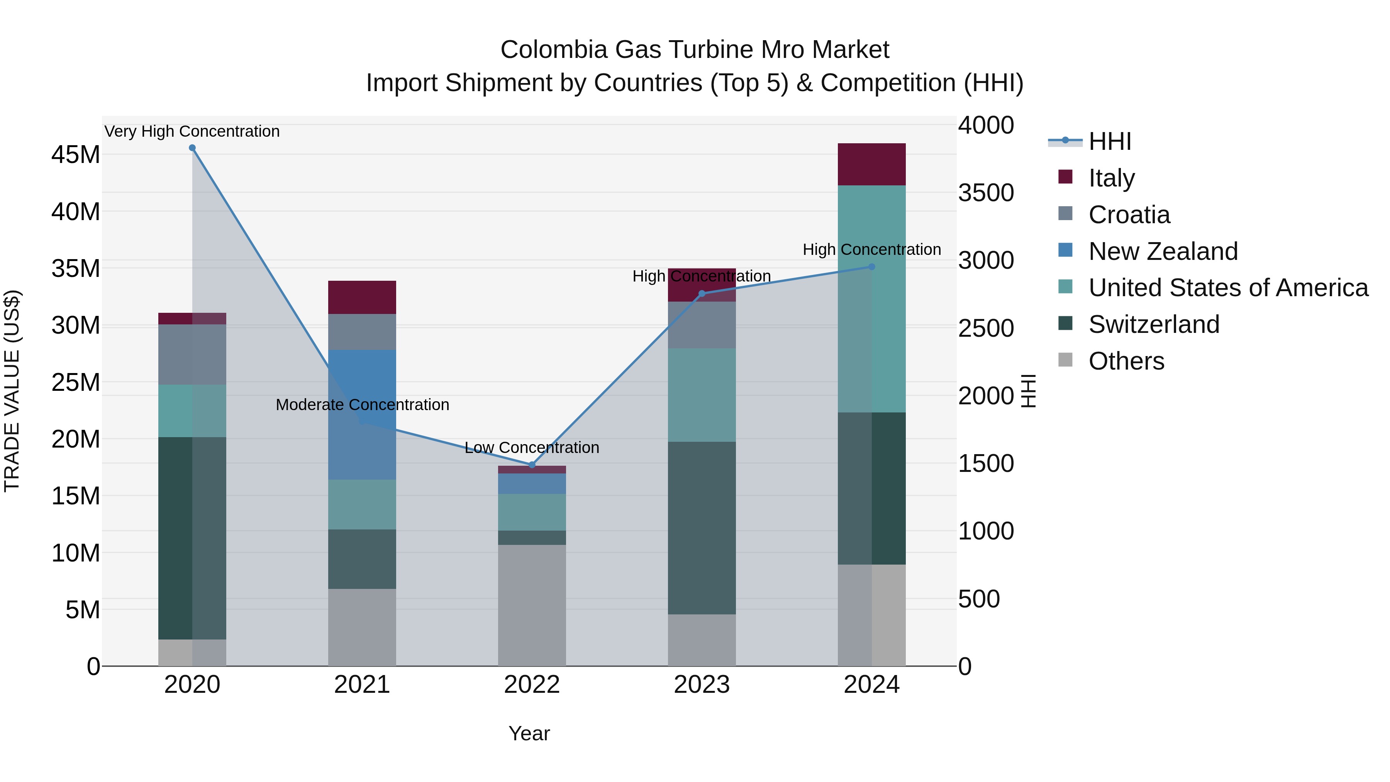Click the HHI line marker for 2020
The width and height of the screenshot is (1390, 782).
[192, 148]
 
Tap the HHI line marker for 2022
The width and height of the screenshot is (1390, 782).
[532, 465]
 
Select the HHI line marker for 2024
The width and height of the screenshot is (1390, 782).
[871, 266]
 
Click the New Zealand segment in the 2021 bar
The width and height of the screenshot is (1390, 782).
[362, 414]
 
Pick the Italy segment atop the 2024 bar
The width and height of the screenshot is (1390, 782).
[871, 165]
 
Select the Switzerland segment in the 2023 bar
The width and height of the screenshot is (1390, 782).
[702, 528]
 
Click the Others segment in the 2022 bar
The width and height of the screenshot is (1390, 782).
[532, 605]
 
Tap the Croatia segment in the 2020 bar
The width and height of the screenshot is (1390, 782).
[192, 355]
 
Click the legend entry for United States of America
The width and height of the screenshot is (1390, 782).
[1227, 288]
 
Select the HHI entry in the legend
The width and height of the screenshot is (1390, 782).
[1109, 141]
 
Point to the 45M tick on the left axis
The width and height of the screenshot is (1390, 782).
[76, 155]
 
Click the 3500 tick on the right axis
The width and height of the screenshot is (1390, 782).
[986, 193]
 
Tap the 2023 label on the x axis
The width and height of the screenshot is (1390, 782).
[702, 685]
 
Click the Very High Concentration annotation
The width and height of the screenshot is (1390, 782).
[192, 131]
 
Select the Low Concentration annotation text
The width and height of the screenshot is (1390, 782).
[532, 448]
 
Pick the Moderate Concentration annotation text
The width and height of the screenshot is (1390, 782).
[362, 404]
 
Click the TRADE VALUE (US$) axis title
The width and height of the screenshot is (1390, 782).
[12, 391]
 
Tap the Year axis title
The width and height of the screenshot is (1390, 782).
[529, 733]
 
